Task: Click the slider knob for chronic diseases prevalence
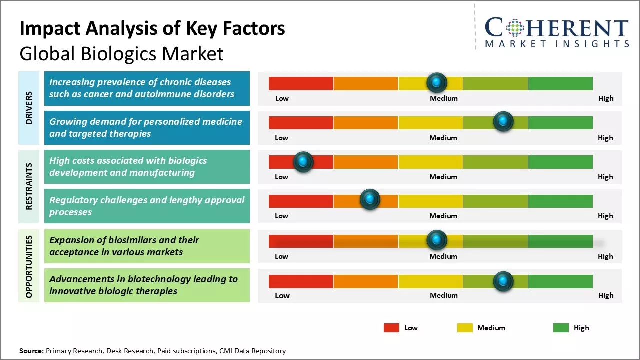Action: [x=437, y=82]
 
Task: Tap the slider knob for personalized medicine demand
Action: [x=503, y=122]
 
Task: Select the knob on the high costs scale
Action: [x=303, y=161]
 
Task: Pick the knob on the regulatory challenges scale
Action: [x=370, y=200]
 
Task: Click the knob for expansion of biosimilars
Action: [x=437, y=240]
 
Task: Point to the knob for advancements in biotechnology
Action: [x=503, y=281]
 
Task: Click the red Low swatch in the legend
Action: [x=391, y=328]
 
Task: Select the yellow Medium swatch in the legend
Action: [x=465, y=328]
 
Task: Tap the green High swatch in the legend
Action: [x=561, y=328]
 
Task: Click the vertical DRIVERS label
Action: [x=29, y=108]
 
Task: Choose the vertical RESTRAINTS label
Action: [x=29, y=186]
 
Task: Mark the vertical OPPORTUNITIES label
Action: [x=29, y=266]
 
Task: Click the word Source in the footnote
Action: [x=31, y=351]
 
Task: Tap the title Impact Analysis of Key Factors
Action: [x=152, y=29]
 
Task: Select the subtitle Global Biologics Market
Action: [x=121, y=54]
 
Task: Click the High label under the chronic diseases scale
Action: [x=605, y=98]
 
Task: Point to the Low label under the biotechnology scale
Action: [x=282, y=295]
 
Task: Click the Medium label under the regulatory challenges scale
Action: [x=443, y=216]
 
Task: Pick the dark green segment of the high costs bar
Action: [x=560, y=162]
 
